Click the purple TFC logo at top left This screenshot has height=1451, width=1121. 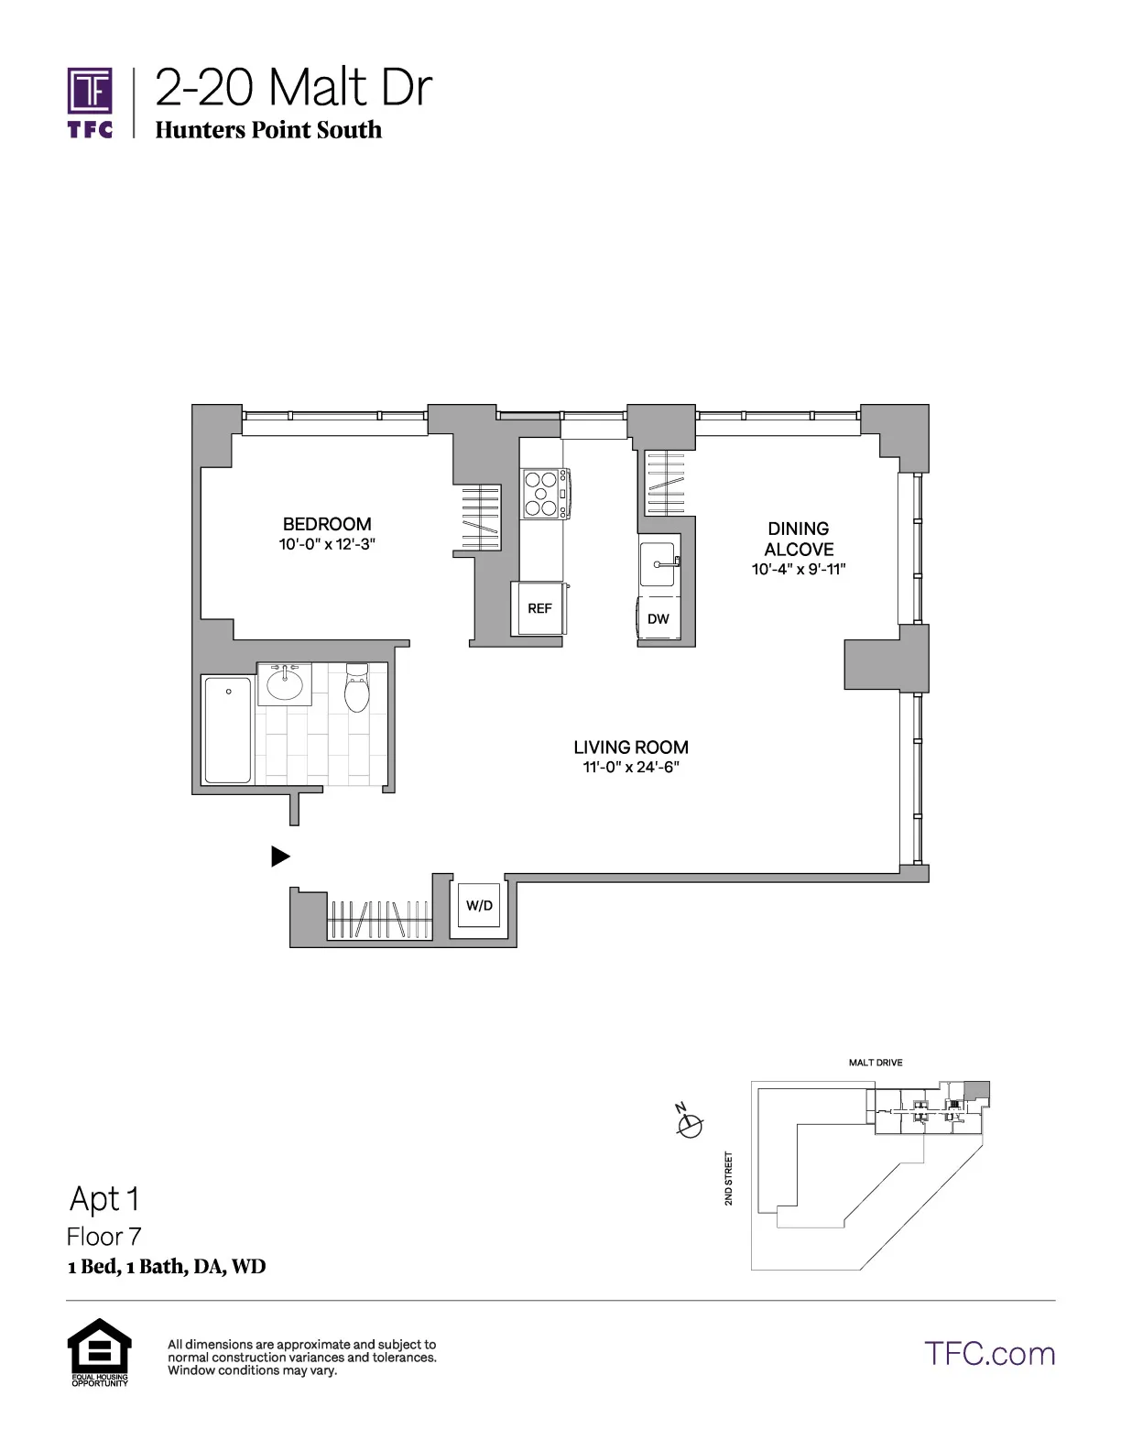[x=90, y=102]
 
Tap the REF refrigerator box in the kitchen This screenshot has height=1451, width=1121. [x=539, y=608]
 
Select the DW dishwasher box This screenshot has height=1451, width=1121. [x=658, y=619]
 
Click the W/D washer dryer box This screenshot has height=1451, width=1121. [x=479, y=906]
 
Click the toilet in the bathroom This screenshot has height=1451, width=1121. [x=356, y=689]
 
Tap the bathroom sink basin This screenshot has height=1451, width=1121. [x=285, y=683]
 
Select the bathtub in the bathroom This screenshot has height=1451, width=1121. [x=227, y=730]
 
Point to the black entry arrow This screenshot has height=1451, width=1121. [x=280, y=856]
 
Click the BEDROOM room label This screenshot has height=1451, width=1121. [x=327, y=524]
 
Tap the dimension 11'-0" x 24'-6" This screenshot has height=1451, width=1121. [x=631, y=768]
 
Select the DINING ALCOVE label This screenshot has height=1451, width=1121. [x=799, y=539]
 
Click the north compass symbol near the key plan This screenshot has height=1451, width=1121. [x=689, y=1122]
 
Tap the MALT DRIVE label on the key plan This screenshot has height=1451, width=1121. [x=875, y=1063]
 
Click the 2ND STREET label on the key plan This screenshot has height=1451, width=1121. [x=729, y=1178]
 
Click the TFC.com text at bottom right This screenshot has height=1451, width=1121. [x=989, y=1353]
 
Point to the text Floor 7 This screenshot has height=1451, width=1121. [x=103, y=1237]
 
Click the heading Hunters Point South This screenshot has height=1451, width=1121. [x=268, y=129]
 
